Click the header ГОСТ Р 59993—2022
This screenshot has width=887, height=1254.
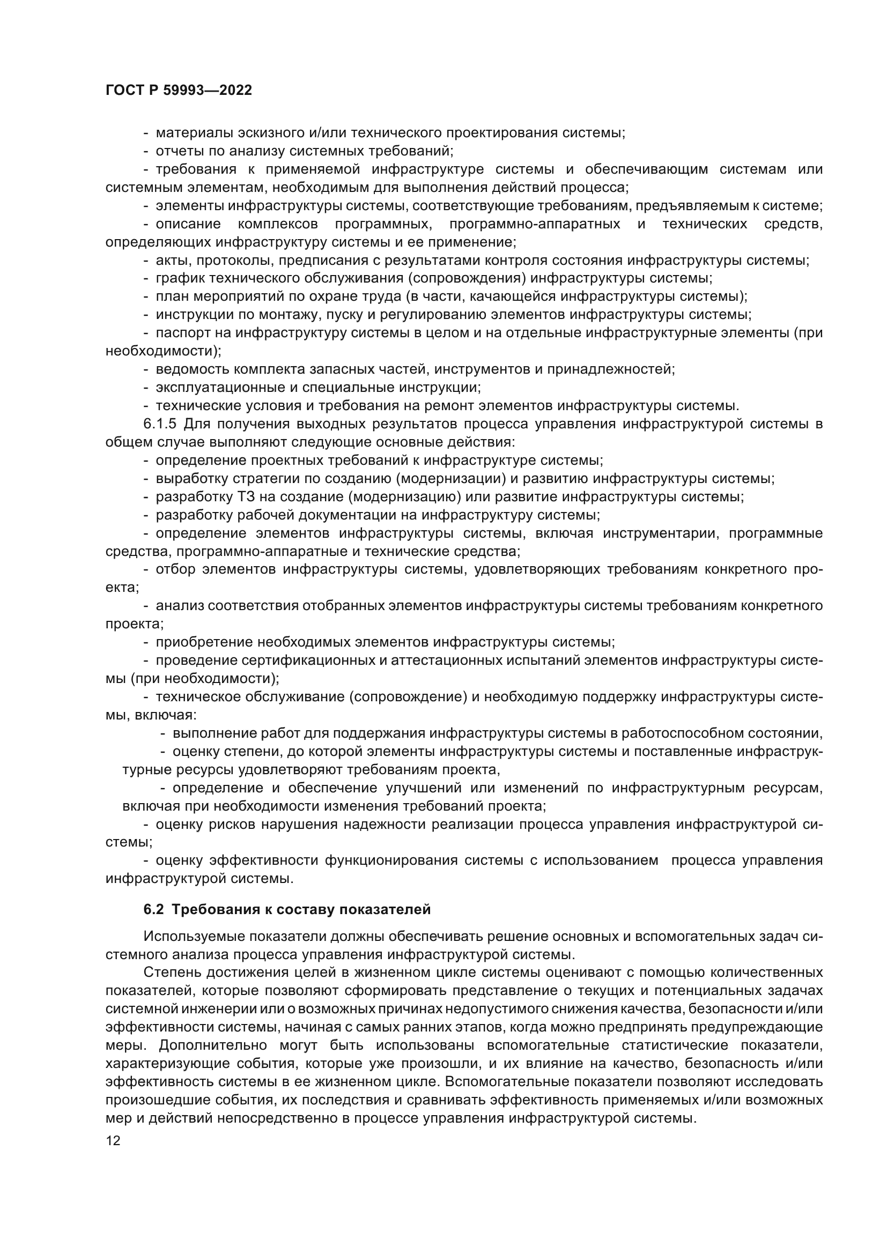pos(179,91)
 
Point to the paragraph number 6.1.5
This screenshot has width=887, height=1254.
pos(160,424)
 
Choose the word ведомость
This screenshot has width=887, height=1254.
pos(189,369)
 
